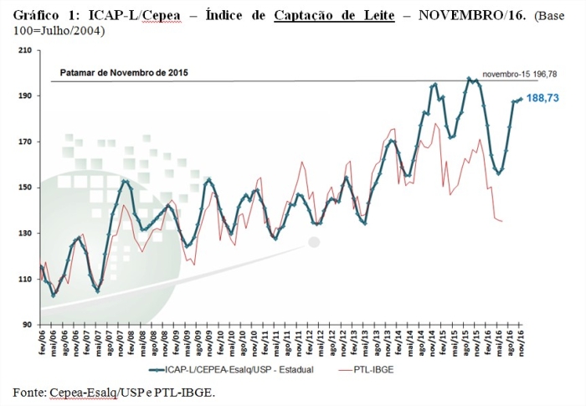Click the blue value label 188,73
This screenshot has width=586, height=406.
[x=542, y=98]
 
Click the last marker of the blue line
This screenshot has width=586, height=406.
[x=521, y=99]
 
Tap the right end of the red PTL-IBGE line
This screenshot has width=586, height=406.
[x=501, y=221]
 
